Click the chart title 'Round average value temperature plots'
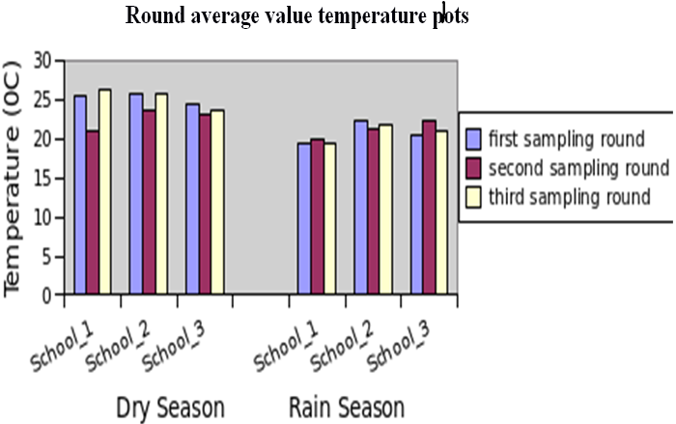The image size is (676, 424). click(x=296, y=16)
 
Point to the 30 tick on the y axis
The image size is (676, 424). click(x=41, y=61)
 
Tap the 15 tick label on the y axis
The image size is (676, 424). click(x=41, y=179)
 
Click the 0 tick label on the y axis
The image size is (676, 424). click(x=45, y=297)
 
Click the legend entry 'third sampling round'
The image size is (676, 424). click(x=569, y=197)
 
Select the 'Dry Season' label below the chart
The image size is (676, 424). click(x=170, y=406)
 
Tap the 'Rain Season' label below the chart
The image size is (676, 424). click(x=346, y=406)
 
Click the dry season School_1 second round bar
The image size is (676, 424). click(x=93, y=212)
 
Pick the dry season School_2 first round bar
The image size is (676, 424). click(x=136, y=194)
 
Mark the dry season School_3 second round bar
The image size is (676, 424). click(x=205, y=205)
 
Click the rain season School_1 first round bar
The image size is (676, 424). click(x=304, y=219)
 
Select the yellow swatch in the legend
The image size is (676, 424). click(x=474, y=197)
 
